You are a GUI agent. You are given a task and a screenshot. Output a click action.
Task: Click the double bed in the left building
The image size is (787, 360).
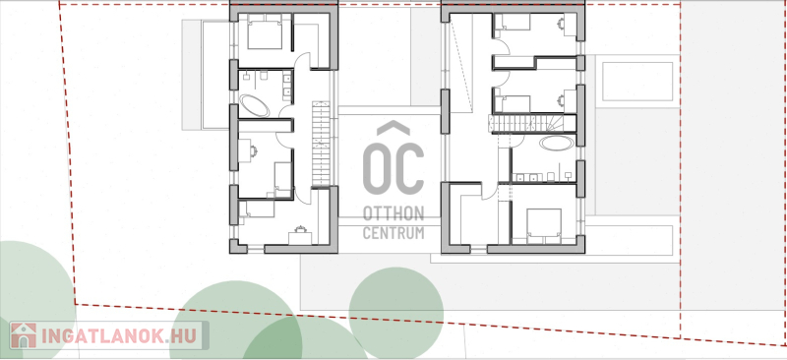click(265, 31)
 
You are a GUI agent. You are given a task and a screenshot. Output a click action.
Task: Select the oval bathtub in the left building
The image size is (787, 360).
click(255, 106)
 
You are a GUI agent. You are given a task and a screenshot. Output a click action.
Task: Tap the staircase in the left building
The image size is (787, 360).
click(322, 144)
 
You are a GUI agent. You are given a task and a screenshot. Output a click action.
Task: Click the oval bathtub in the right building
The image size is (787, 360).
click(557, 143)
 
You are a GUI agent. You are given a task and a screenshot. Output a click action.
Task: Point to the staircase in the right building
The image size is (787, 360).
click(532, 124)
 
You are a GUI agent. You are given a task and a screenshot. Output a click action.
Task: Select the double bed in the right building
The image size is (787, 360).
click(544, 226)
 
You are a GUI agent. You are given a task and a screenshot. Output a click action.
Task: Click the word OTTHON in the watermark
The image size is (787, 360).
click(393, 213)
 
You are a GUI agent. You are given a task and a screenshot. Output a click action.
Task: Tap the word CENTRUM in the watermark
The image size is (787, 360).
click(393, 233)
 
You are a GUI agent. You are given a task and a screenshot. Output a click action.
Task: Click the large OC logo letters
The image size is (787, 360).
click(393, 168)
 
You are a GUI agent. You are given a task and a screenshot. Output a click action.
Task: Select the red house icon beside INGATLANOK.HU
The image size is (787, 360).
click(23, 335)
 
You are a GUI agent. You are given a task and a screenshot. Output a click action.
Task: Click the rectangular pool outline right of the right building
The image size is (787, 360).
click(637, 82)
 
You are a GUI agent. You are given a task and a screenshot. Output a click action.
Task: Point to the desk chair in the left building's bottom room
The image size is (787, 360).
click(300, 229)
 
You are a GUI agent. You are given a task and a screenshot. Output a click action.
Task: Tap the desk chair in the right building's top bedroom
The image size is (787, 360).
click(561, 23)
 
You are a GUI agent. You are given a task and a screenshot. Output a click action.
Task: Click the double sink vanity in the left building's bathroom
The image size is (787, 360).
click(287, 86)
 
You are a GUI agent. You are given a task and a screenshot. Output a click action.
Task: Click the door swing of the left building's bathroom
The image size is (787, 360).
click(285, 110)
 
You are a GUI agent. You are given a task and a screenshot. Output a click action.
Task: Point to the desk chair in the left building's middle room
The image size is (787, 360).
click(253, 151)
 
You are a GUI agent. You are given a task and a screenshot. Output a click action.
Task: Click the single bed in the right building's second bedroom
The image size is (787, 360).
click(513, 104)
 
